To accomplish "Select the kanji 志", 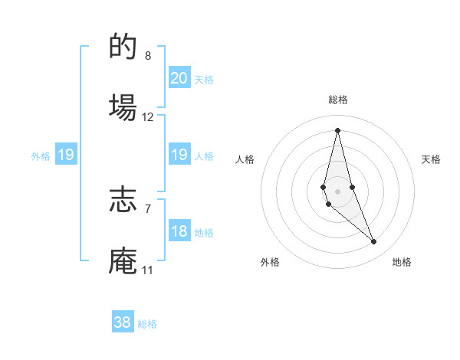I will (x=123, y=201).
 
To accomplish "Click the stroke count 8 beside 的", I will (x=147, y=56).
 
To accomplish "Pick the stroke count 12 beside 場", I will (x=148, y=117).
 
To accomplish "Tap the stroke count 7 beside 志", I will (x=147, y=208).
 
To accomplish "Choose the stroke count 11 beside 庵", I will (x=147, y=270).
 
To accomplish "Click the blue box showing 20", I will (x=179, y=78).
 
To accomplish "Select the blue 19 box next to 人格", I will (x=179, y=155).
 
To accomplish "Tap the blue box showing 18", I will (x=179, y=231).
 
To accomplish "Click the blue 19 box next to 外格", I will (x=66, y=155).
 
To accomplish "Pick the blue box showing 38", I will (x=123, y=322).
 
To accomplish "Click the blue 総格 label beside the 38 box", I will (x=147, y=324).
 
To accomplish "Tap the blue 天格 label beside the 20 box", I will (x=204, y=80).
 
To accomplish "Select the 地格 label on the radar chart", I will (x=402, y=262).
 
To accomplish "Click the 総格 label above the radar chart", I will (x=338, y=100).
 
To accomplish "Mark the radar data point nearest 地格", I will (x=374, y=242).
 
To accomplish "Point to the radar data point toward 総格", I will (x=337, y=129).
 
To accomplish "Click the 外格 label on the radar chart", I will (x=270, y=262).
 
